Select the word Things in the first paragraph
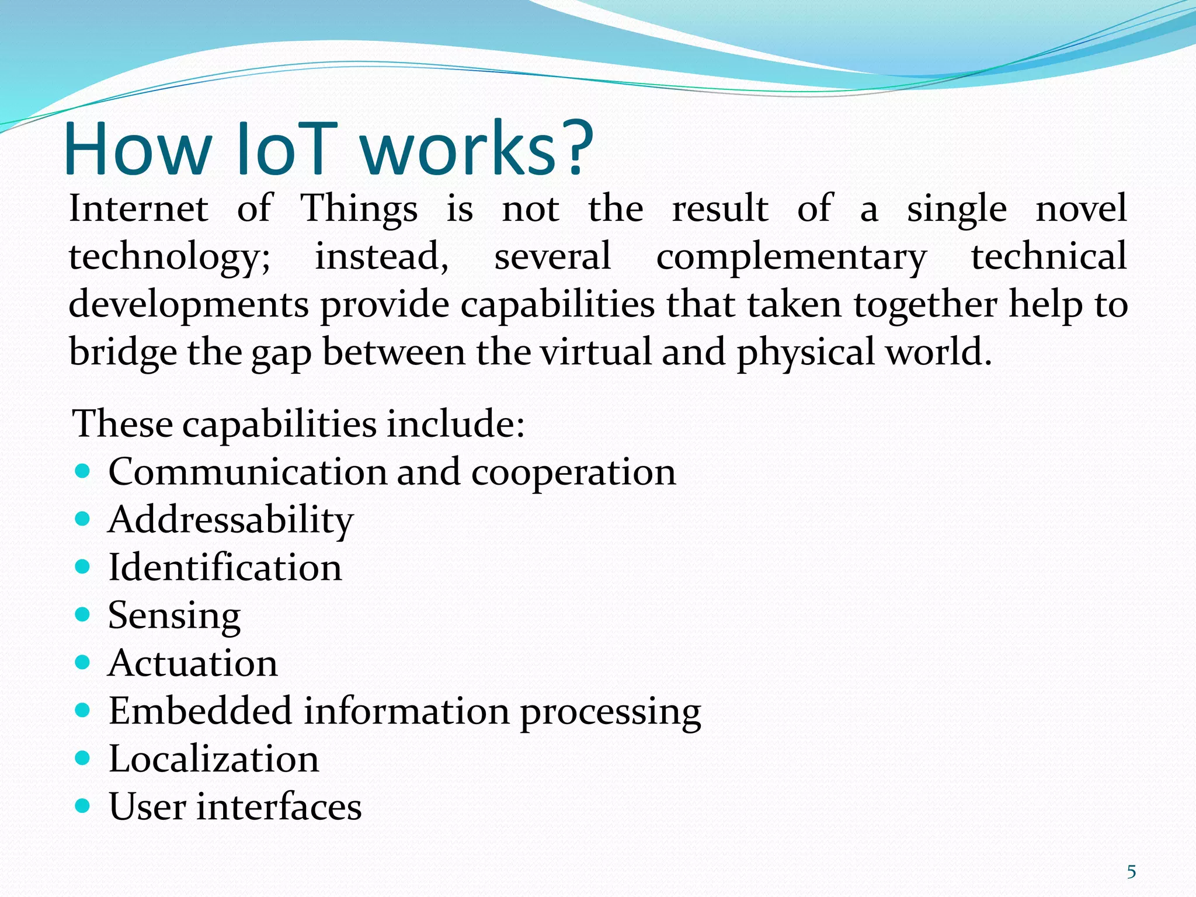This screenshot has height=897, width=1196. (359, 209)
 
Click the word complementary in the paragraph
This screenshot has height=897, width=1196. (791, 258)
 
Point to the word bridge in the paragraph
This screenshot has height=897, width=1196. (122, 353)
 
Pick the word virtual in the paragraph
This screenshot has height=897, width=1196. (595, 353)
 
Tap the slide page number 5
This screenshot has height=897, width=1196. (1131, 872)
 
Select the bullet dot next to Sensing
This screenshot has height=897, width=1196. (83, 614)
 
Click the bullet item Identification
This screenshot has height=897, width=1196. (225, 568)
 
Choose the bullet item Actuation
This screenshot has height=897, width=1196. (193, 663)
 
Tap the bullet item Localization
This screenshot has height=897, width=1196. (214, 759)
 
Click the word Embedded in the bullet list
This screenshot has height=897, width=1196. (200, 711)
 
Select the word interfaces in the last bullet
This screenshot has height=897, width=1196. (279, 807)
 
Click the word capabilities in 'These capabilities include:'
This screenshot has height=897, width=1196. (279, 424)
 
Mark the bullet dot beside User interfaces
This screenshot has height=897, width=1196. (83, 806)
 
